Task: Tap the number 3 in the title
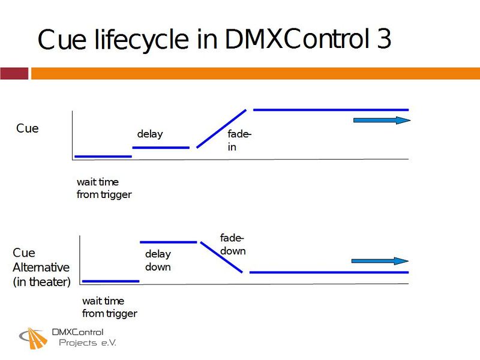click(x=384, y=40)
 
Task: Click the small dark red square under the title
click(x=14, y=73)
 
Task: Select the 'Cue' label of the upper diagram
click(x=27, y=128)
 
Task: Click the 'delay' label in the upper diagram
click(x=149, y=134)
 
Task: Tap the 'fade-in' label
click(x=238, y=140)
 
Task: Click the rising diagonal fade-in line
click(x=221, y=128)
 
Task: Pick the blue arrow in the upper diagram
click(x=382, y=121)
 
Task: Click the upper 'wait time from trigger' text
click(x=104, y=188)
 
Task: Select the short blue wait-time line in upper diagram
click(x=103, y=156)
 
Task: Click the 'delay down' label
click(x=158, y=260)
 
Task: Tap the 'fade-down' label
click(x=233, y=245)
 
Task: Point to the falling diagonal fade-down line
click(x=221, y=257)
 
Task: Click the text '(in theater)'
click(x=41, y=282)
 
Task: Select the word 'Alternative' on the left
click(x=41, y=268)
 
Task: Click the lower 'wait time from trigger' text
click(x=109, y=307)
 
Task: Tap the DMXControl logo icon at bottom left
click(x=34, y=338)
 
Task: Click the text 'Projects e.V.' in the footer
click(x=87, y=343)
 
